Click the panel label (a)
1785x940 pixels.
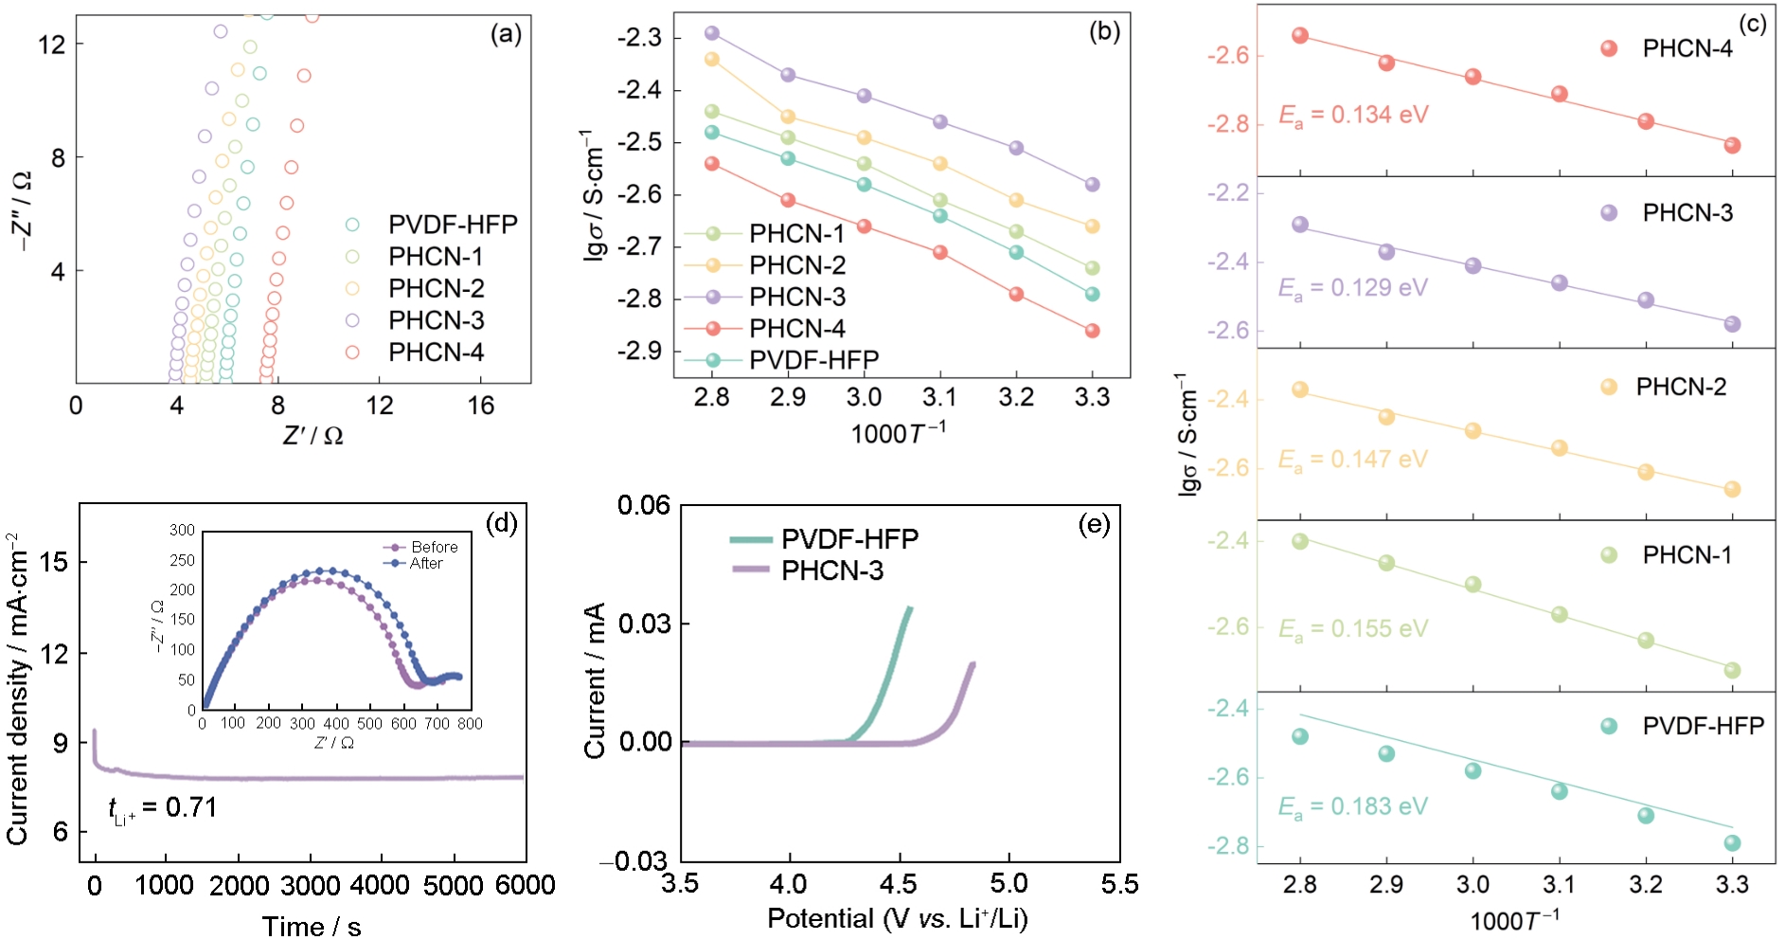[x=506, y=35]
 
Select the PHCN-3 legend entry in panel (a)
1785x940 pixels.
[x=436, y=320]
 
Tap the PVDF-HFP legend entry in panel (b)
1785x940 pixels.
[x=812, y=360]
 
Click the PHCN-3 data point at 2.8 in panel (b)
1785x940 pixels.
[x=712, y=33]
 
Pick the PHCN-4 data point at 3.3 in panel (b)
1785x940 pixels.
[x=1092, y=331]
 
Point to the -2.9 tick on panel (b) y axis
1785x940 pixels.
[x=639, y=352]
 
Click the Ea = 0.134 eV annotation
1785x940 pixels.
[x=1353, y=116]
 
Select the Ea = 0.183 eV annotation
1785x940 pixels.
[x=1352, y=806]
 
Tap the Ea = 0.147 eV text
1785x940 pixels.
[x=1352, y=460]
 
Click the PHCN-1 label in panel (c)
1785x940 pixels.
[x=1687, y=555]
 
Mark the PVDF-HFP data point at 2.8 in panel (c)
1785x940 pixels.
[x=1300, y=736]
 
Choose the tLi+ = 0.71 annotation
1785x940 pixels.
[x=163, y=808]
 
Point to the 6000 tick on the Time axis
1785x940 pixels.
[x=526, y=885]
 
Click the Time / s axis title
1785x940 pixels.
[x=312, y=926]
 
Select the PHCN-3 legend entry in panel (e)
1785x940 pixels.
[x=831, y=570]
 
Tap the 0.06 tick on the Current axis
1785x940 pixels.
[x=644, y=506]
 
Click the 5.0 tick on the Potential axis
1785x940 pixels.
[x=1009, y=884]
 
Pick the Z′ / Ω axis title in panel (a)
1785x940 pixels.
[x=312, y=436]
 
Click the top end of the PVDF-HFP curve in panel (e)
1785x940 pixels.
[x=910, y=608]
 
